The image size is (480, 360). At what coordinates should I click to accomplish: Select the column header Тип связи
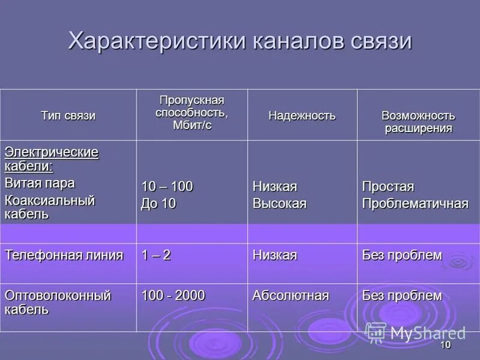pyautogui.click(x=68, y=116)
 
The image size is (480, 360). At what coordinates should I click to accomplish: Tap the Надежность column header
pyautogui.click(x=302, y=116)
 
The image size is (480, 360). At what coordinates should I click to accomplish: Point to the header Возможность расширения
pyautogui.click(x=418, y=122)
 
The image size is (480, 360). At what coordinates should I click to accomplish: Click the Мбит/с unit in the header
pyautogui.click(x=192, y=125)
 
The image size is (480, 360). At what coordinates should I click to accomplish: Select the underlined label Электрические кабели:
pyautogui.click(x=52, y=158)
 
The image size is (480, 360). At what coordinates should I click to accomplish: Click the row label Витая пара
pyautogui.click(x=40, y=183)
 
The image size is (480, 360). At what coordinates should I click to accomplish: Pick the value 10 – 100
pyautogui.click(x=167, y=187)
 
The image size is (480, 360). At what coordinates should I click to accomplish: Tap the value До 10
pyautogui.click(x=158, y=203)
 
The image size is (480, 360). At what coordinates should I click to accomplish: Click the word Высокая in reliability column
pyautogui.click(x=279, y=203)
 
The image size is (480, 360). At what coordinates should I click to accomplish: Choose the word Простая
pyautogui.click(x=388, y=187)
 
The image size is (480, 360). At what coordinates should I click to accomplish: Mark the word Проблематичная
pyautogui.click(x=415, y=203)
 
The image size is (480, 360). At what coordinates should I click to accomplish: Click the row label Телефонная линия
pyautogui.click(x=64, y=255)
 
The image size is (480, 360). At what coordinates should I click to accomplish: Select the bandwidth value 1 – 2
pyautogui.click(x=156, y=255)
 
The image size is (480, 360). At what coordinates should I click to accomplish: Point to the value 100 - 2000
pyautogui.click(x=173, y=295)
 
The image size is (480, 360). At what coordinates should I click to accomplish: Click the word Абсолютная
pyautogui.click(x=290, y=295)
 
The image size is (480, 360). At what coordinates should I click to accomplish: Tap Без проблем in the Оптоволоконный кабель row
pyautogui.click(x=401, y=295)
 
